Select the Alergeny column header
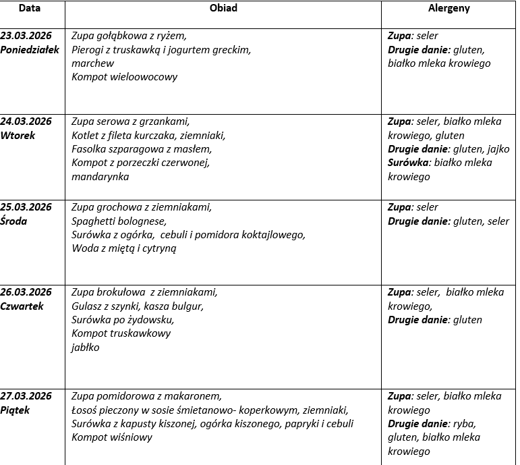(449, 9)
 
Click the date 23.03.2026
(26, 36)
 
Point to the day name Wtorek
(18, 135)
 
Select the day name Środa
(14, 221)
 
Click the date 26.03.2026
(26, 292)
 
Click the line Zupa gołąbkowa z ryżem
(129, 36)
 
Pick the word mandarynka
(100, 176)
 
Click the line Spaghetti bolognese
(119, 221)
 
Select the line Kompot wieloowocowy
(125, 76)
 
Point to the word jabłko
(86, 347)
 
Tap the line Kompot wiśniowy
(112, 437)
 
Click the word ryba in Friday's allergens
(463, 424)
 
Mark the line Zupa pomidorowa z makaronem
(146, 396)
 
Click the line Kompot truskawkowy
(121, 333)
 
